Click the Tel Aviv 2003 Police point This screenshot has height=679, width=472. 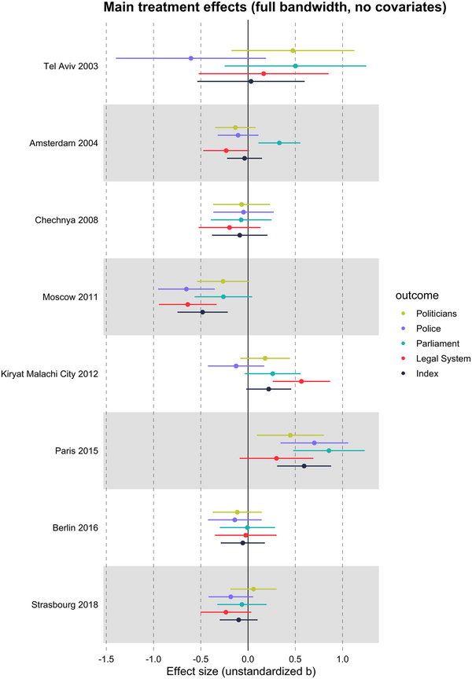pos(191,58)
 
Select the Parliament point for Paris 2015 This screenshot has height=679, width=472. pos(329,450)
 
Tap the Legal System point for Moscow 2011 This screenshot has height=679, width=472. pos(187,304)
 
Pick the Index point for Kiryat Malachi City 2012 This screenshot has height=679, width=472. pos(269,389)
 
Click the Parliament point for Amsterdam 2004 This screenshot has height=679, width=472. pos(279,143)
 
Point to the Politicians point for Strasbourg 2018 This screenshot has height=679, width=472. pos(253,589)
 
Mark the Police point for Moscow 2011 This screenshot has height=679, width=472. pos(186,289)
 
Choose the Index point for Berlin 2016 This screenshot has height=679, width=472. pos(243,543)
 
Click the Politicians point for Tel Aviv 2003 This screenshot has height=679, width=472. pos(293,50)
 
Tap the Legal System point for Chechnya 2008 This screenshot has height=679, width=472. pos(230,227)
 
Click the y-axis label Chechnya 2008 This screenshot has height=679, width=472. pos(65,220)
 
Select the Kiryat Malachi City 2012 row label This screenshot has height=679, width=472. pos(50,373)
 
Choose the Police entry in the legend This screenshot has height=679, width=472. pos(429,328)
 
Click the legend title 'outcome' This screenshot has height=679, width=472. pos(418,295)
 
